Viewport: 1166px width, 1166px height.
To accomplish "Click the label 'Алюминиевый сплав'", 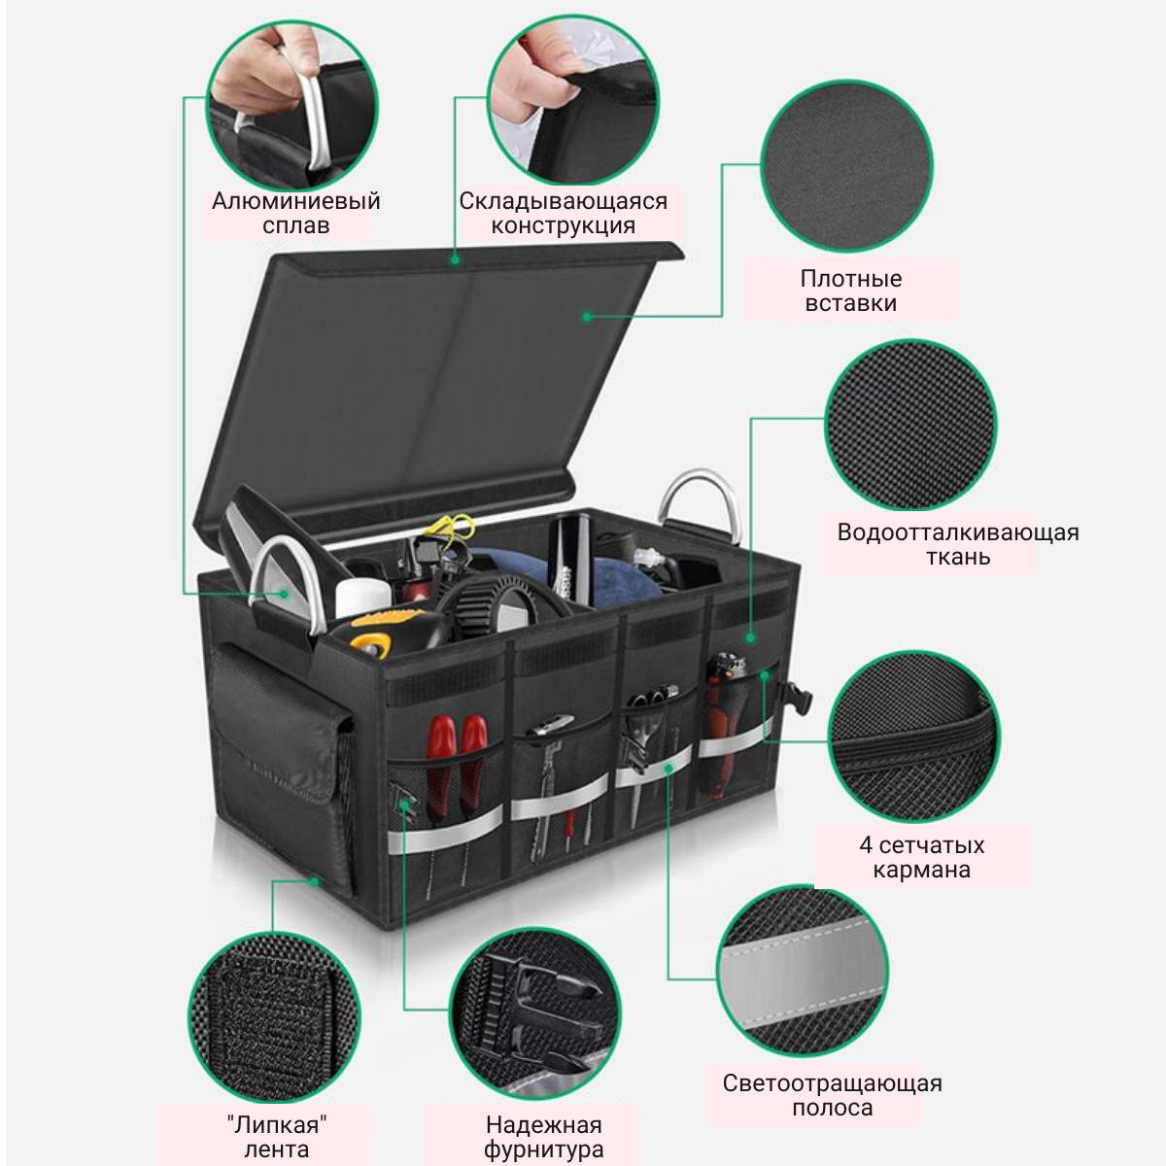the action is pos(295,213).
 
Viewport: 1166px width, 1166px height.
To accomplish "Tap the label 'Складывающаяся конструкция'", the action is pos(563,213).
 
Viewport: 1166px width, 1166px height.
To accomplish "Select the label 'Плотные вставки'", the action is pos(850,291).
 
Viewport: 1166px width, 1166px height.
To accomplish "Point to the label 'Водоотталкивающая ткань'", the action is pos(957,544).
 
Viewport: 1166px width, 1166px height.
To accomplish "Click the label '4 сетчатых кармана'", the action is pos(921,857).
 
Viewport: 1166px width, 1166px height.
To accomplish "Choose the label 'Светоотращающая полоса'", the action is pos(832,1095).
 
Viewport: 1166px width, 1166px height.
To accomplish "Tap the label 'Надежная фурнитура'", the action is pos(543,1137).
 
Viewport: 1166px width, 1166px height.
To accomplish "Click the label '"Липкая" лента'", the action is pos(276,1137).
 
